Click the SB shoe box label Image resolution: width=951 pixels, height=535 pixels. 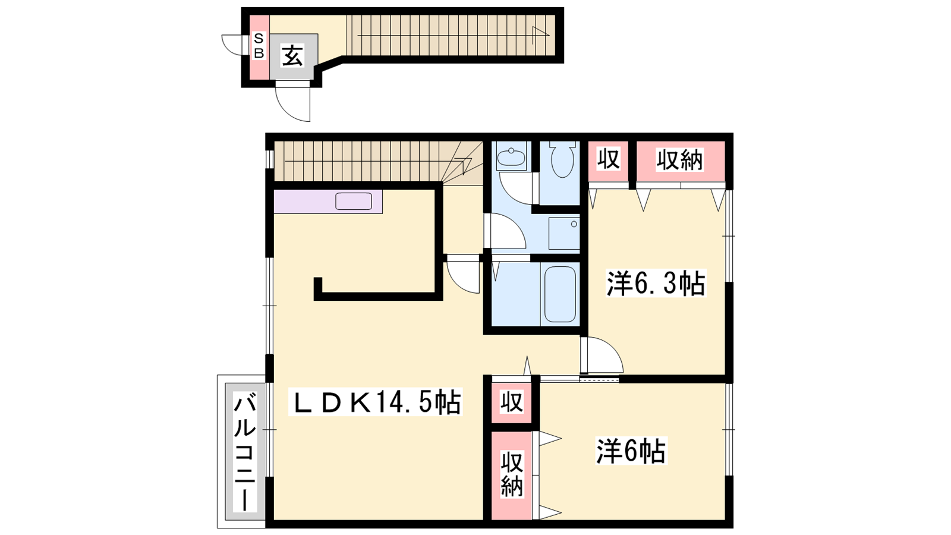pos(259,46)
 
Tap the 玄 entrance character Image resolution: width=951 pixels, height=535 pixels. pos(293,56)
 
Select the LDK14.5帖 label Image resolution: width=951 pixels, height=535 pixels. pos(375,402)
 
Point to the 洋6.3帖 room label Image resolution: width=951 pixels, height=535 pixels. pos(656,283)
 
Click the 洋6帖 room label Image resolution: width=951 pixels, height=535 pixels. pos(631,451)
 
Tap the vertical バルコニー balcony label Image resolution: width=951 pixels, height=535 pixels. pos(245,452)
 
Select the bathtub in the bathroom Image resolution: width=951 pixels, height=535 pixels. pos(560,294)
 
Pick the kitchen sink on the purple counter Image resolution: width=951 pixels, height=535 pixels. pos(354,202)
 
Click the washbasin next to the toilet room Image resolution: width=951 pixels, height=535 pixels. pos(512,156)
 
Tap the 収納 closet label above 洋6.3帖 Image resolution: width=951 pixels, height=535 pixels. pos(680,160)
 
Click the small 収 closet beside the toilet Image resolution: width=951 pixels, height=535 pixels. pos(609,158)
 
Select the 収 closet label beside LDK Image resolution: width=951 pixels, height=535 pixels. pos(512,402)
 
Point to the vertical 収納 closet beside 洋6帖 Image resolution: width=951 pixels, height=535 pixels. pos(512,474)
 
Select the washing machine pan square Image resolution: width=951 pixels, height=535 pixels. pos(564,234)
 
